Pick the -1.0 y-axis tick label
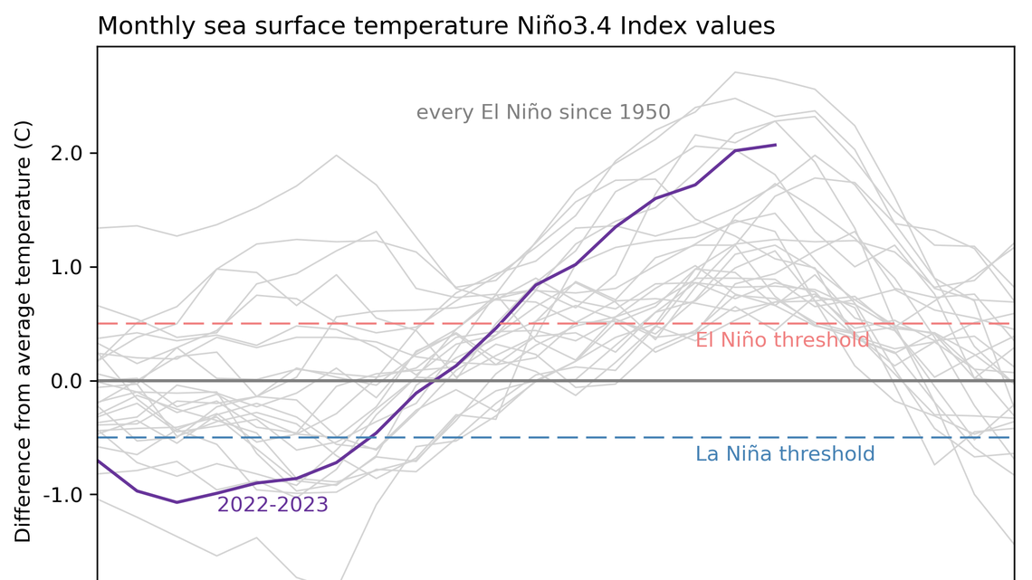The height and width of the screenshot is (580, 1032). [61, 495]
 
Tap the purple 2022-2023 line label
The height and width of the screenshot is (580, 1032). [272, 505]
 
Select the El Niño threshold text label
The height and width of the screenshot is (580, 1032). [781, 340]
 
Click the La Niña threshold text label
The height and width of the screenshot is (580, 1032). [784, 454]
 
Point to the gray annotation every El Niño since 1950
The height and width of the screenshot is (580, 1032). [542, 113]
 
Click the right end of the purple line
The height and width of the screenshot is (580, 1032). [775, 145]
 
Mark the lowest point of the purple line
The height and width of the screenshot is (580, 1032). [177, 502]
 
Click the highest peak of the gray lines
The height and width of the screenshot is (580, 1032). [734, 71]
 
